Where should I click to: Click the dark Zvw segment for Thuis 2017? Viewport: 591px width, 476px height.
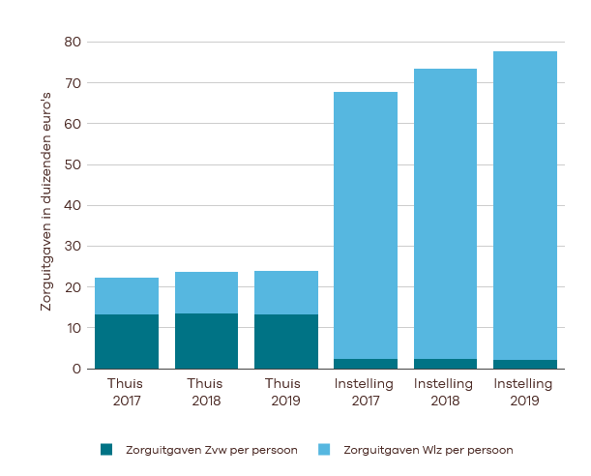pos(126,342)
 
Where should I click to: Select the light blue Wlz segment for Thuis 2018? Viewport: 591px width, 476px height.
pos(206,292)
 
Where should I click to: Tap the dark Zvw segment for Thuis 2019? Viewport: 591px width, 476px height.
pos(285,342)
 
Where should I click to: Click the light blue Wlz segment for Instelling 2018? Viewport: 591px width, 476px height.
pos(445,214)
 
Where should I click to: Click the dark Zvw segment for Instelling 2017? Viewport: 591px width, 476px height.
pos(366,364)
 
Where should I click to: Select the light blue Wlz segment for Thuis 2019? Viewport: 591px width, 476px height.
pos(285,292)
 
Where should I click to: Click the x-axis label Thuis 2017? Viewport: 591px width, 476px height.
pos(126,391)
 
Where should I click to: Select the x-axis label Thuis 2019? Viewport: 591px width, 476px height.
pos(285,391)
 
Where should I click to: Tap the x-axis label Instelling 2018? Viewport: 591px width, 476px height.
pos(445,391)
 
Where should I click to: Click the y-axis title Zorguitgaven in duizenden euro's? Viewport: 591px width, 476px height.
pos(45,205)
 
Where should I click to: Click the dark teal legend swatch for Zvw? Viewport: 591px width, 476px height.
pos(106,450)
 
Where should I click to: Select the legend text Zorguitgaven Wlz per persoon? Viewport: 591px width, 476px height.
pos(428,450)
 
